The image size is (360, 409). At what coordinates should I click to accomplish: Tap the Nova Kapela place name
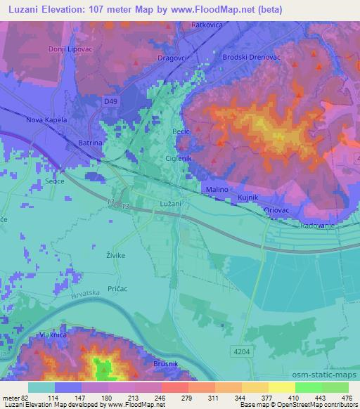click(x=46, y=120)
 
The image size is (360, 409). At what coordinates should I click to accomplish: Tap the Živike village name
click(x=115, y=256)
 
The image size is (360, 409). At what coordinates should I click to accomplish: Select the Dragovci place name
click(x=172, y=58)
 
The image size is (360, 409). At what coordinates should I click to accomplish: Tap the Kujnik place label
click(x=248, y=199)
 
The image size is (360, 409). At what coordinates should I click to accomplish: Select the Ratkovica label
click(x=207, y=25)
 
